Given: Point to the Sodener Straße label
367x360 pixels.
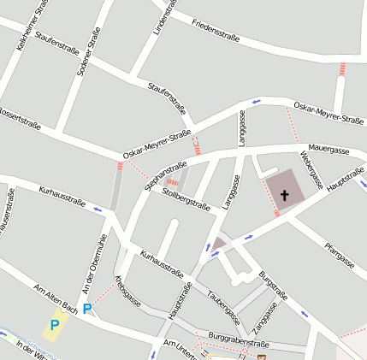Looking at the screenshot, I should click(88, 51).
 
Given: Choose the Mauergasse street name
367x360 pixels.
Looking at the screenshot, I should click(329, 150).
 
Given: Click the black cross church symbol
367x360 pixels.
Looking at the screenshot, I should click(284, 196).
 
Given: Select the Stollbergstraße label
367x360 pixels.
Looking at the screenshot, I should click(186, 198).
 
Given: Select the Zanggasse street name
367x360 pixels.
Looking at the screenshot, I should click(265, 318).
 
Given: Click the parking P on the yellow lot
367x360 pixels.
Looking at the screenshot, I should click(55, 325).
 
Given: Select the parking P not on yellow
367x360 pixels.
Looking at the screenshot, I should click(86, 309).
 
